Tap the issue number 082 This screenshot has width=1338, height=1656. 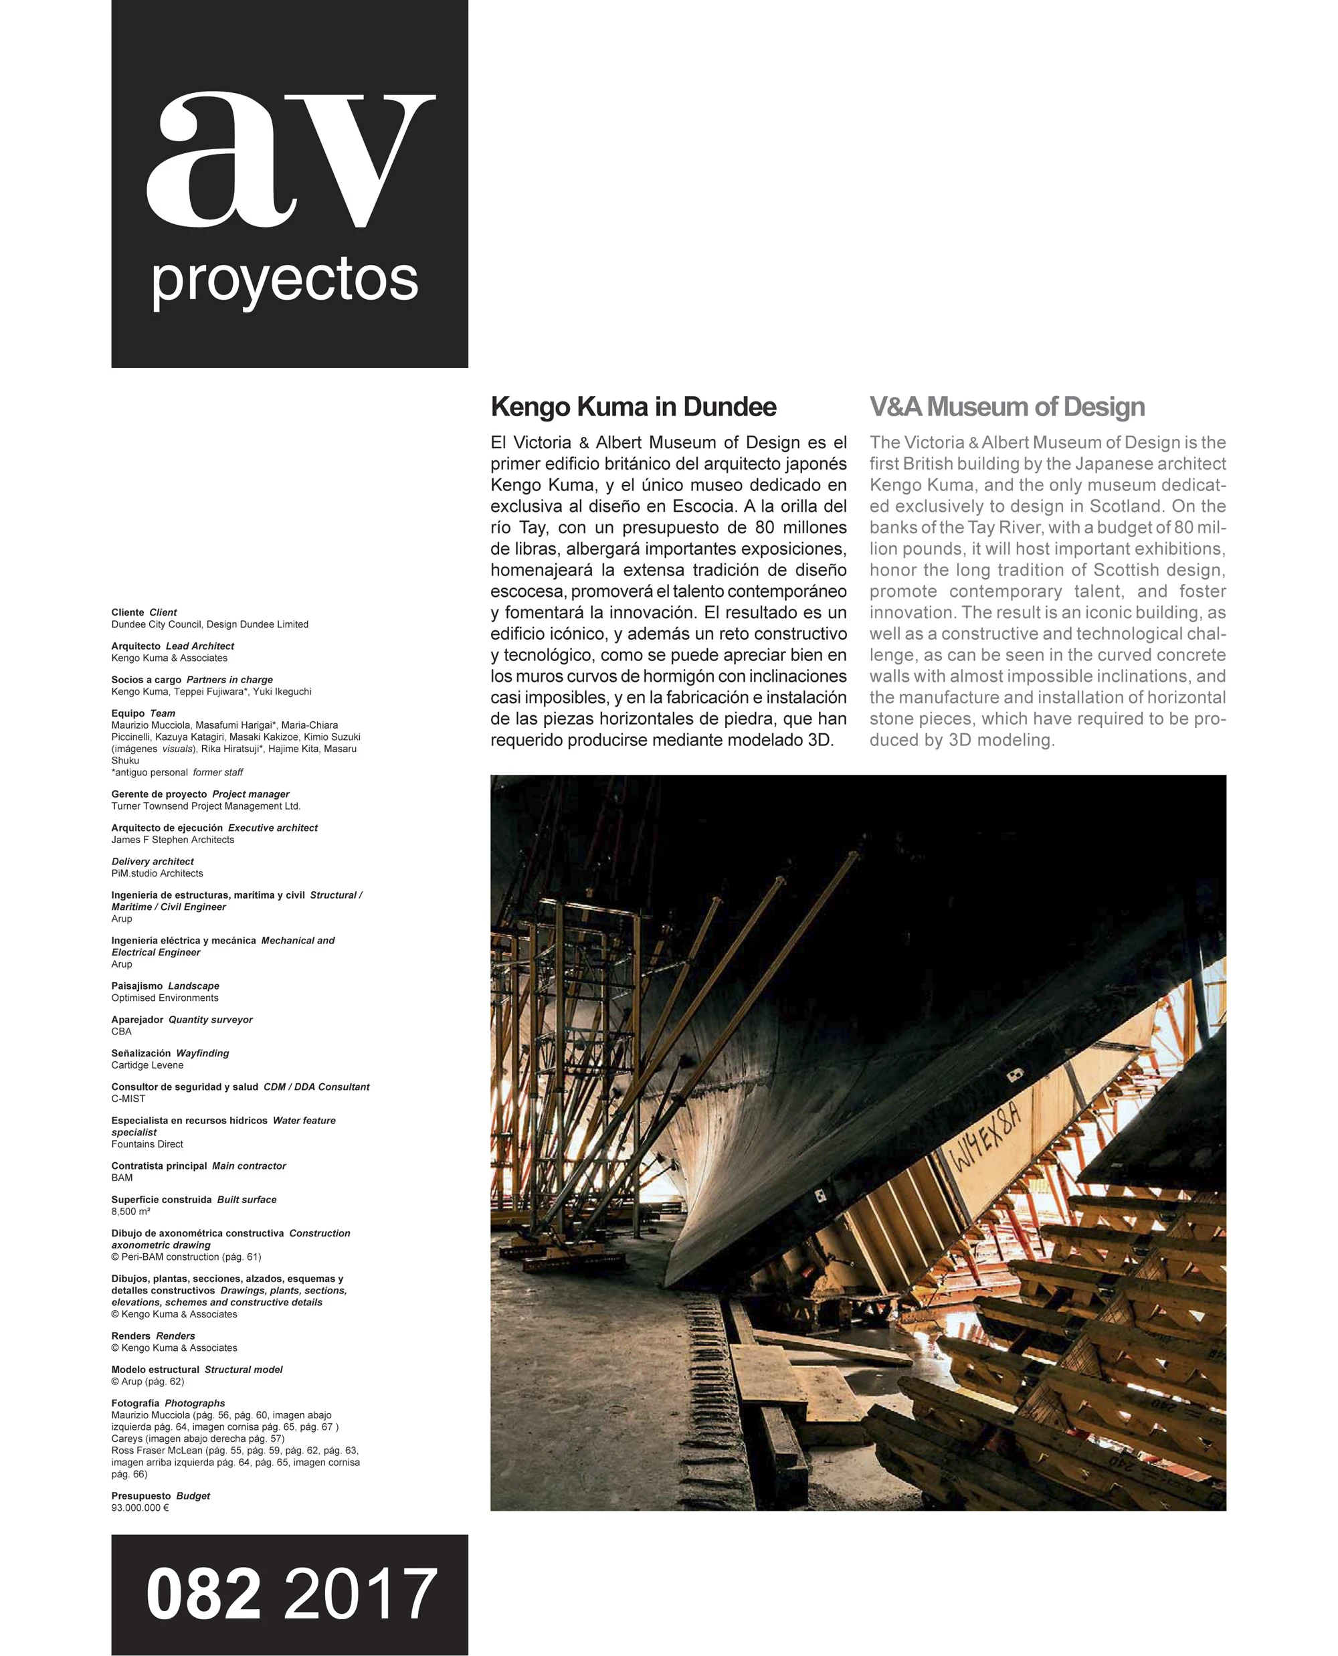click(203, 1594)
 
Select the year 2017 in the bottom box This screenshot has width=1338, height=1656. click(360, 1594)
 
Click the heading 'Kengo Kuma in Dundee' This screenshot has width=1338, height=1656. click(634, 407)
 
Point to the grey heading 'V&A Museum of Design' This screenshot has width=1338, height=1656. click(1007, 407)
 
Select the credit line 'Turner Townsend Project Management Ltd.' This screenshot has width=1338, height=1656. click(206, 806)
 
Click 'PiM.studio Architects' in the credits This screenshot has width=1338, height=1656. click(157, 873)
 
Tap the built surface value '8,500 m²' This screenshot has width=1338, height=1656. click(130, 1211)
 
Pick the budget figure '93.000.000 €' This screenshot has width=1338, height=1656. click(140, 1507)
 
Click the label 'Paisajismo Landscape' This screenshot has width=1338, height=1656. click(165, 986)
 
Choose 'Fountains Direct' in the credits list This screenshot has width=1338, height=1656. click(147, 1144)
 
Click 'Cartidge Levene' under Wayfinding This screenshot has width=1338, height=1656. click(147, 1065)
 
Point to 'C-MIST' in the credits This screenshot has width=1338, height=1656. click(128, 1099)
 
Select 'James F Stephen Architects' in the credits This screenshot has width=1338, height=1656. click(173, 840)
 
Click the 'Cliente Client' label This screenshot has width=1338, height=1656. click(144, 613)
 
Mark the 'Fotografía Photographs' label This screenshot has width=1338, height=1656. click(168, 1403)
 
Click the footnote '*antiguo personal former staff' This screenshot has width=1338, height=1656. click(177, 773)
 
